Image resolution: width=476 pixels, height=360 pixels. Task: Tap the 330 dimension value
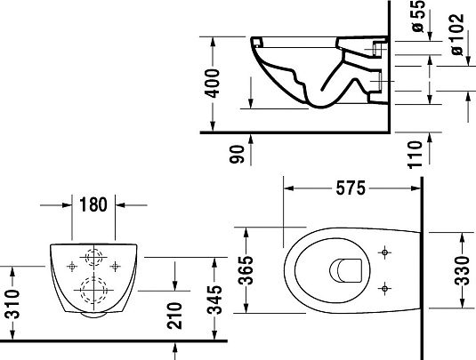(x=461, y=268)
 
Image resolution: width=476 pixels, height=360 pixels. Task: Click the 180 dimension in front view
(x=92, y=204)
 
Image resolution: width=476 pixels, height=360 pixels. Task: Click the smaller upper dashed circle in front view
(x=93, y=258)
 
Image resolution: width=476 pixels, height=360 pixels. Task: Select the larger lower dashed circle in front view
(x=92, y=288)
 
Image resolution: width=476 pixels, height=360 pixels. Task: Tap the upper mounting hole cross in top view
(x=384, y=253)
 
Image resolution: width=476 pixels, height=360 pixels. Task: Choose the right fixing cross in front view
(x=116, y=264)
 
